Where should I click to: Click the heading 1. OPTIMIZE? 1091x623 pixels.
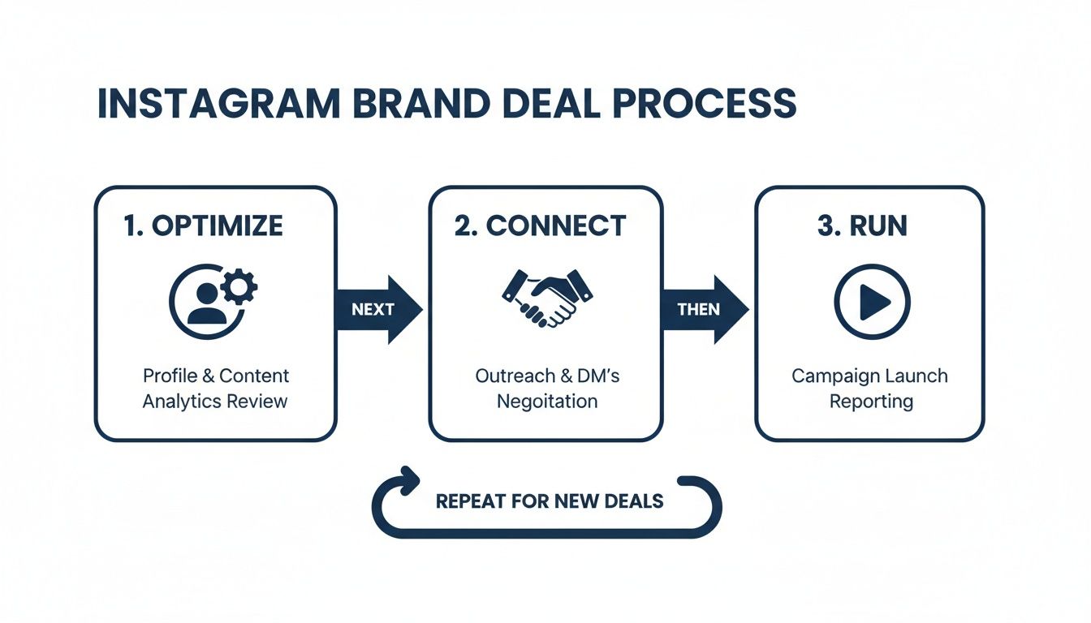203,226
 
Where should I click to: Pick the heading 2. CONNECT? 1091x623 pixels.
540,226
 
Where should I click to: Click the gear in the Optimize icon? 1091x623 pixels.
239,286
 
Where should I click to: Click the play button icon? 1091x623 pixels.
872,303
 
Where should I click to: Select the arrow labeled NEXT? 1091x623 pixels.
378,309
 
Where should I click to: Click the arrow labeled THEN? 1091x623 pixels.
703,309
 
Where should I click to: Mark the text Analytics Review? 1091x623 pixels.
215,402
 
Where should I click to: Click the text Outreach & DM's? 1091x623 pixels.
547,376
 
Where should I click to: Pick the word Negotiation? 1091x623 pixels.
547,402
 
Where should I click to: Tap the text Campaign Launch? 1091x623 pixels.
870,376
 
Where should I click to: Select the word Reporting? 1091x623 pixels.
870,402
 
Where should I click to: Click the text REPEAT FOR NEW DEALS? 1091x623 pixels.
550,501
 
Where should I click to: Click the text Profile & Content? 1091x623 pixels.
216,376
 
